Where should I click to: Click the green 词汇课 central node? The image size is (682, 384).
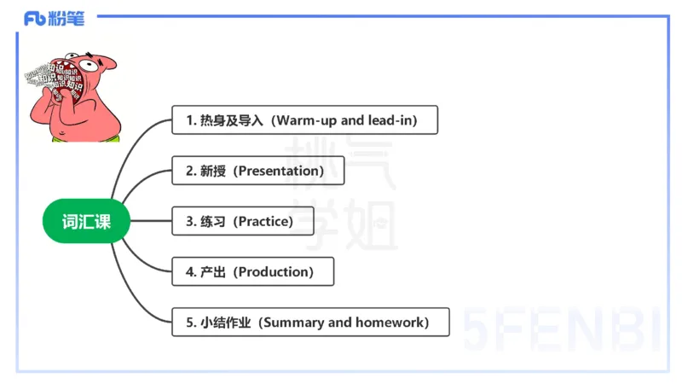tap(84, 222)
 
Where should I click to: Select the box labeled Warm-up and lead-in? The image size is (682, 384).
tap(304, 120)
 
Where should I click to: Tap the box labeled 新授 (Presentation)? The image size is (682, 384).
tap(257, 171)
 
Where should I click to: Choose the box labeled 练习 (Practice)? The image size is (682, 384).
tap(242, 221)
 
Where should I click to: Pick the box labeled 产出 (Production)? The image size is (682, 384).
tap(252, 271)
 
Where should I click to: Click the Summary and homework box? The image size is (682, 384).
tap(310, 323)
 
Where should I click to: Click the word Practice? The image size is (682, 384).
tap(264, 221)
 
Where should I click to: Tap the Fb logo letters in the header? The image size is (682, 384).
tap(35, 18)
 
